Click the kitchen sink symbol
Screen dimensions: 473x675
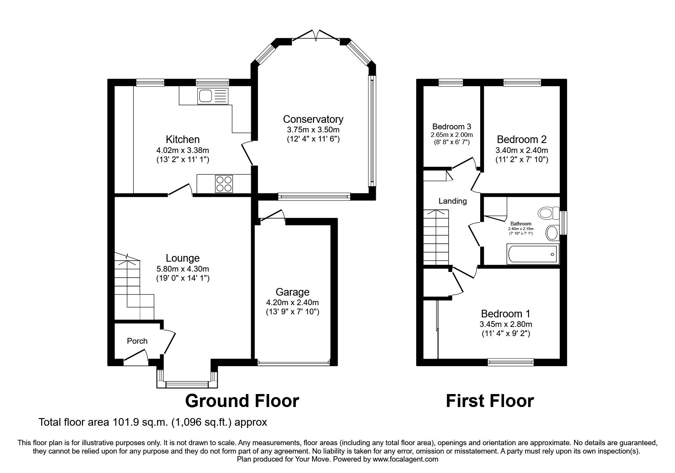(212, 96)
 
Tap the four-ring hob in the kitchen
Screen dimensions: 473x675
(224, 183)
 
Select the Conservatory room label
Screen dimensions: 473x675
(313, 119)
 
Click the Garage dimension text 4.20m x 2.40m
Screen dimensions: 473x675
(292, 302)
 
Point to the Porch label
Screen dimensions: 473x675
(137, 341)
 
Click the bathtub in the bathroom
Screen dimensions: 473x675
(532, 254)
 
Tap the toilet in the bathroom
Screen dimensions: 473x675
(548, 213)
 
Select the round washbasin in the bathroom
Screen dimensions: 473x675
(552, 232)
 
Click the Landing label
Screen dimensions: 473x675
(452, 201)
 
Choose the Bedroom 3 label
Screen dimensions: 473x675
(452, 127)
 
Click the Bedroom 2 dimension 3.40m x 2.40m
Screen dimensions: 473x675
(522, 150)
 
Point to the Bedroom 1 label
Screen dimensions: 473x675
(505, 314)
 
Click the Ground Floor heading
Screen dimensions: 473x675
(242, 401)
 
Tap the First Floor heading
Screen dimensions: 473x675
(490, 401)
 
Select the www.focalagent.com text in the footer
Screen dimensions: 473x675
(406, 459)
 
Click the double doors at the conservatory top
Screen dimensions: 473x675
(316, 35)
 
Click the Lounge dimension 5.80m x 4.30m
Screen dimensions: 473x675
(183, 268)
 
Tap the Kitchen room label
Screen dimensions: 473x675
(183, 139)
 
